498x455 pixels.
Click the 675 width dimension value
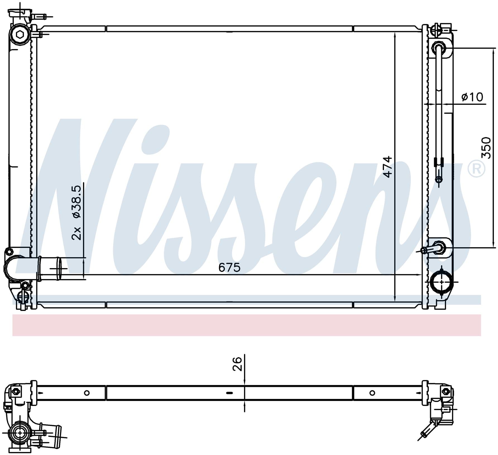coord(229,267)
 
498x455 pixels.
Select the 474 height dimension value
coord(387,167)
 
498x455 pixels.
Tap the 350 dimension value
coord(486,147)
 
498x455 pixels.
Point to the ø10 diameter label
coord(472,97)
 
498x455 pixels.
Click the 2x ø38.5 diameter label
coord(76,212)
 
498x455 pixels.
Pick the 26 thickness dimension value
coord(237,364)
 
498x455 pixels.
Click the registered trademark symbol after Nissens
coord(477,169)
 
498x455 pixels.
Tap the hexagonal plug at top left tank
coord(20,35)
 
